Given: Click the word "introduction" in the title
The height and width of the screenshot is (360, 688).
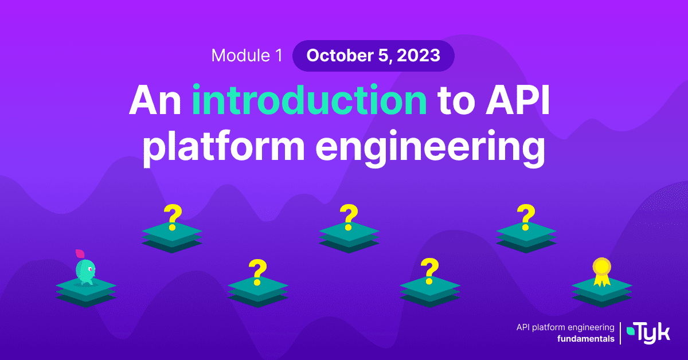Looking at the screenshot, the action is (x=309, y=100).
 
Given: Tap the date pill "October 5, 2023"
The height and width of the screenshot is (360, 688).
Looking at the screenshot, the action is (x=373, y=56).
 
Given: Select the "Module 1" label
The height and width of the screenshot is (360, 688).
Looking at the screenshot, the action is (x=247, y=56).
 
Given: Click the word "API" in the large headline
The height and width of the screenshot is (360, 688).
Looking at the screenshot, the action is (x=518, y=100).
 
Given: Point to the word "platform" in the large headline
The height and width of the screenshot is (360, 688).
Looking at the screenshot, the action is (x=224, y=147).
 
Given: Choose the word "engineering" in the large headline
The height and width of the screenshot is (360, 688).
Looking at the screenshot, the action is (x=430, y=147).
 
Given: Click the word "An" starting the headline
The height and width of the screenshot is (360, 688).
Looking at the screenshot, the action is (x=155, y=100).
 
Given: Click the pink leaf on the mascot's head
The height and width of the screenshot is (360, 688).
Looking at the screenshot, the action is (x=80, y=254).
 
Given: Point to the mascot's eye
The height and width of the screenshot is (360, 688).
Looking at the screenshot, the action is (x=91, y=269).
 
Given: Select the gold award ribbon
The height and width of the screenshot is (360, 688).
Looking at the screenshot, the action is (x=601, y=272).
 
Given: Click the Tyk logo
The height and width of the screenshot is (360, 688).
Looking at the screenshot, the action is (x=648, y=334).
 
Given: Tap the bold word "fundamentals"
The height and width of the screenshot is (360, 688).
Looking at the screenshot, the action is (x=586, y=339).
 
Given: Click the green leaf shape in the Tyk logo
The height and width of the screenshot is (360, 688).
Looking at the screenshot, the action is (x=631, y=331).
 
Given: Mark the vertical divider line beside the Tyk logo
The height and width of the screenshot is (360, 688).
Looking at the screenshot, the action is (x=620, y=333).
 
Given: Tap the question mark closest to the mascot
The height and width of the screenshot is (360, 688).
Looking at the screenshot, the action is (x=173, y=217).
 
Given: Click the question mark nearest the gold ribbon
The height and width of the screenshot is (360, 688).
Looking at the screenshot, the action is (x=526, y=217).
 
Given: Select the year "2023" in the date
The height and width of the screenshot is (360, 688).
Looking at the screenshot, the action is (x=419, y=56).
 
